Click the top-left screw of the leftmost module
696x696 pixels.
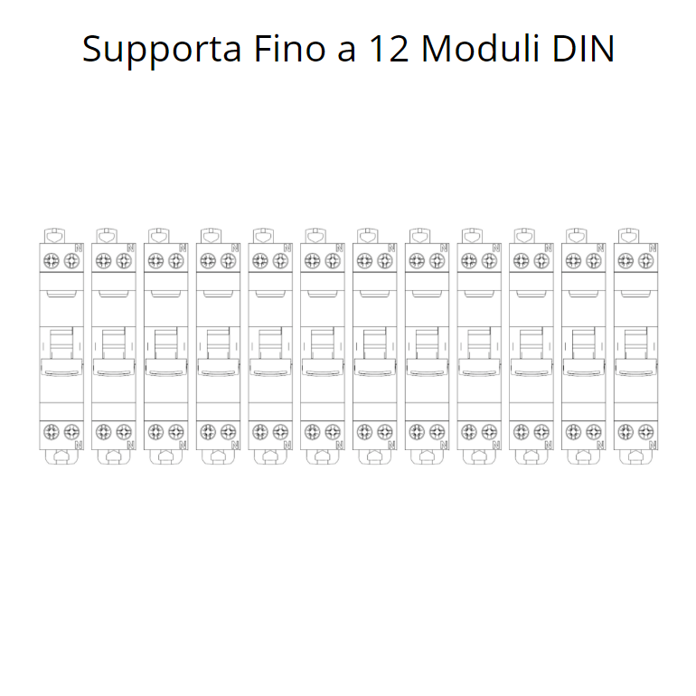tap(51, 261)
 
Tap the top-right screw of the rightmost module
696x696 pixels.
tap(646, 261)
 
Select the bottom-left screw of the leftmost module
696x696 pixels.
tap(51, 431)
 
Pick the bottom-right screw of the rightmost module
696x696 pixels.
tap(646, 431)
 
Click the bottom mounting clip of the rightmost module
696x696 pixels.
tap(635, 456)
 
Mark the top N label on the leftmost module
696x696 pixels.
tap(80, 246)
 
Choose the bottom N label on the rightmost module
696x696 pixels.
tap(654, 445)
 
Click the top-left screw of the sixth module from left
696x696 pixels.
tap(312, 261)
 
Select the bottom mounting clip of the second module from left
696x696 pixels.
tap(113, 456)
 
